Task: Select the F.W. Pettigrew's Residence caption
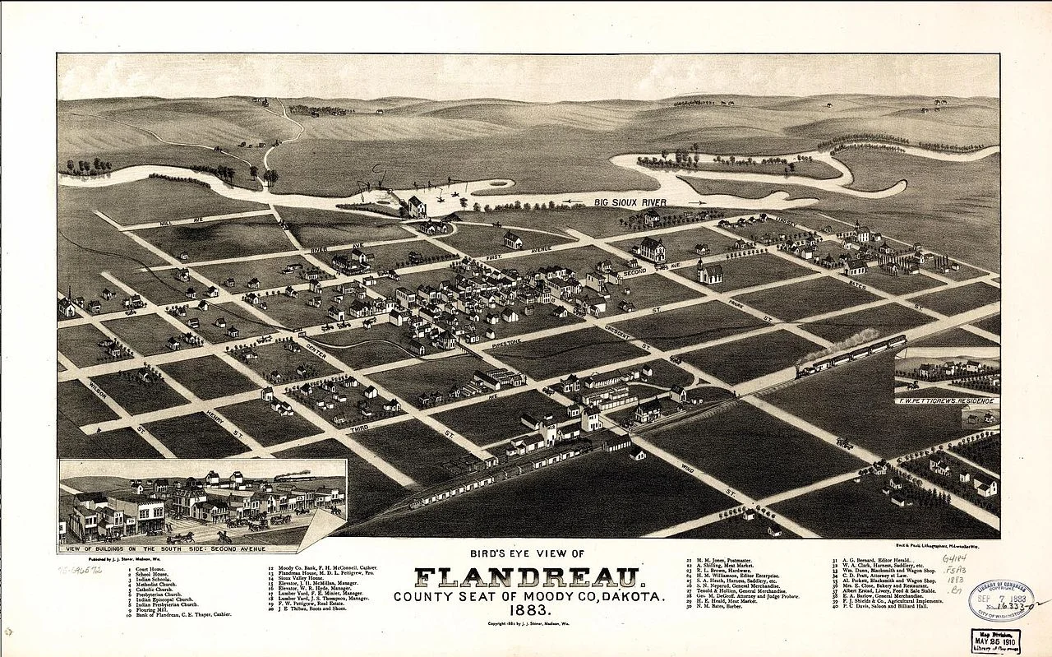947,400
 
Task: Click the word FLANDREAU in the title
527,577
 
